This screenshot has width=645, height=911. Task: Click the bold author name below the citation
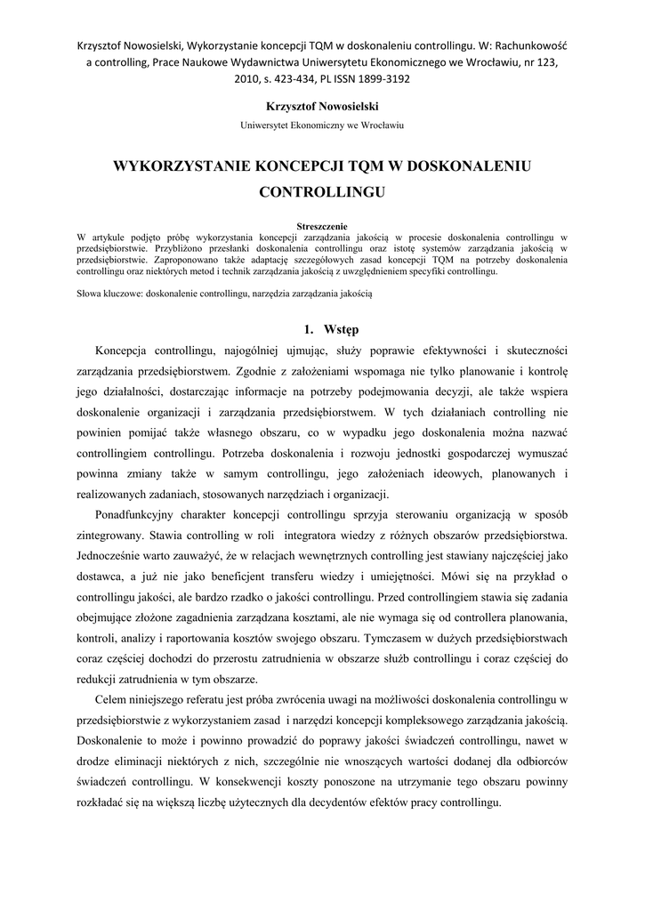pos(322,106)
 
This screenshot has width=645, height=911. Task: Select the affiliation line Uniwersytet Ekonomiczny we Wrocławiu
pos(322,125)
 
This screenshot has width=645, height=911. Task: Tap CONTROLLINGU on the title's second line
pos(322,190)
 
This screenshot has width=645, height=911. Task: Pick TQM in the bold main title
pos(355,165)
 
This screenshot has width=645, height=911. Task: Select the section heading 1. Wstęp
pos(322,329)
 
